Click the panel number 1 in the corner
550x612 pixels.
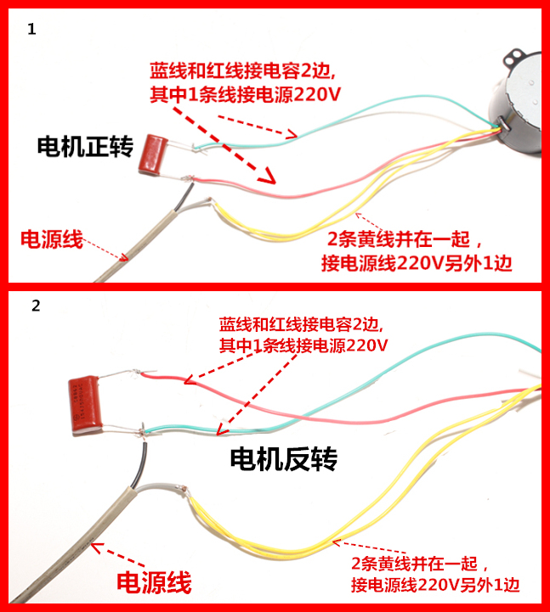pyautogui.click(x=32, y=29)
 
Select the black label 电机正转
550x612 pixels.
pyautogui.click(x=85, y=147)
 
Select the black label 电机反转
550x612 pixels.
pyautogui.click(x=284, y=459)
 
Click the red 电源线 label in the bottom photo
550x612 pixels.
pyautogui.click(x=154, y=582)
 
